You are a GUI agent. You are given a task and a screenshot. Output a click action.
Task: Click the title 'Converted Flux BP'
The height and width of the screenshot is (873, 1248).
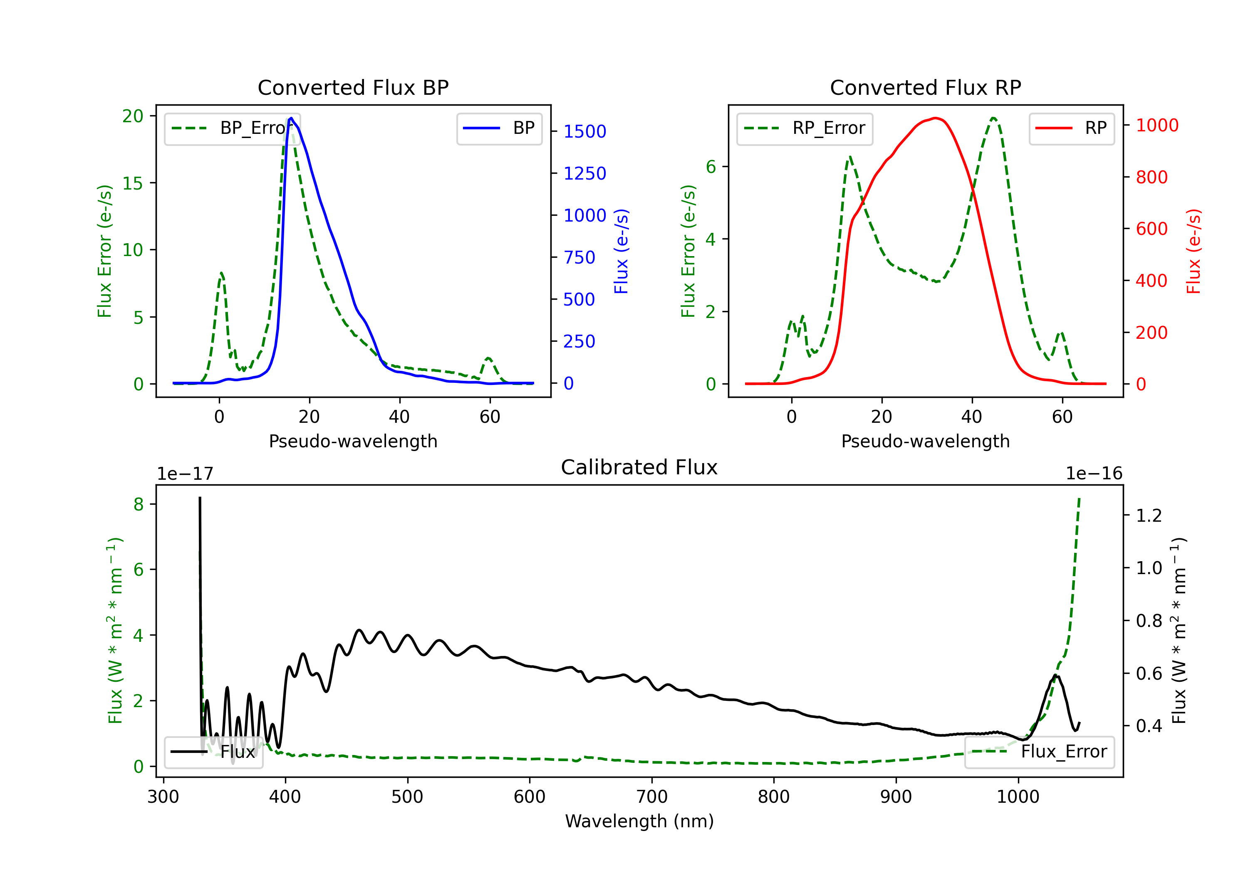pyautogui.click(x=353, y=87)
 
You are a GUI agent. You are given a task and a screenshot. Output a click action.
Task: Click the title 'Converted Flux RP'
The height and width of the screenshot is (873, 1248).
pyautogui.click(x=925, y=87)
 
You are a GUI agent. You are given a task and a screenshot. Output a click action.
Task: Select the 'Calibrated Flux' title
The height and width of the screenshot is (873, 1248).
pyautogui.click(x=639, y=467)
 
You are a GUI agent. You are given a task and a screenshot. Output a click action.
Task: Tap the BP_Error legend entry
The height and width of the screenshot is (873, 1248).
pyautogui.click(x=232, y=128)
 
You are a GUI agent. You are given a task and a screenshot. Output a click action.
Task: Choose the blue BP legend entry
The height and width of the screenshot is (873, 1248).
pyautogui.click(x=499, y=128)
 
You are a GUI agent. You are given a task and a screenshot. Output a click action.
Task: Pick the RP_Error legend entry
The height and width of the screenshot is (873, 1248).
pyautogui.click(x=805, y=128)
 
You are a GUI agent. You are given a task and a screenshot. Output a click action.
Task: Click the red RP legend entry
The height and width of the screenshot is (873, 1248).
pyautogui.click(x=1071, y=128)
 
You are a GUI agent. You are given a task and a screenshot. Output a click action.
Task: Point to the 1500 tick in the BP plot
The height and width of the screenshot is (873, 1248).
pyautogui.click(x=585, y=131)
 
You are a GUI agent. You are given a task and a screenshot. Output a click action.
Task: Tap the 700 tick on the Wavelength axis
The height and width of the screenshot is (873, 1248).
pyautogui.click(x=651, y=797)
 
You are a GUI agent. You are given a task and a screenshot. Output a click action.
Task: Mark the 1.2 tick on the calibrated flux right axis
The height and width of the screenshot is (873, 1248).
pyautogui.click(x=1149, y=515)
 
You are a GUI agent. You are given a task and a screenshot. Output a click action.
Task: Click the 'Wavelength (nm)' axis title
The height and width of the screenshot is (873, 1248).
pyautogui.click(x=639, y=821)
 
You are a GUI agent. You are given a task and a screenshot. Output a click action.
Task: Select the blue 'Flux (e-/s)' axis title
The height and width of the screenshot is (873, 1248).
pyautogui.click(x=621, y=252)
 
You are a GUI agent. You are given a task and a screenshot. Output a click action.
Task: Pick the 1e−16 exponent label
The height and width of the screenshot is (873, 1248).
pyautogui.click(x=1094, y=474)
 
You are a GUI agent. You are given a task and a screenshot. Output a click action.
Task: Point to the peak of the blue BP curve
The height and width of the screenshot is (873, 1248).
pyautogui.click(x=291, y=118)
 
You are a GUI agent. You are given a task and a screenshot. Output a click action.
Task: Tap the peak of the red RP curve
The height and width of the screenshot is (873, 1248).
pyautogui.click(x=935, y=118)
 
